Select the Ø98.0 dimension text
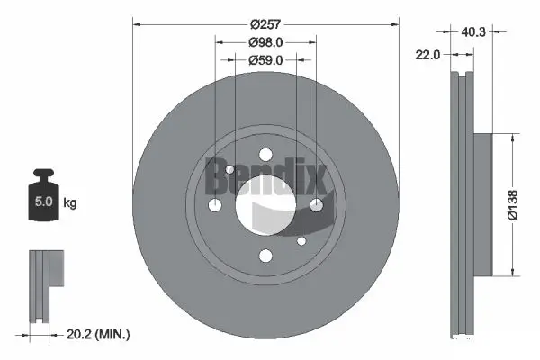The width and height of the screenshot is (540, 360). (265, 40)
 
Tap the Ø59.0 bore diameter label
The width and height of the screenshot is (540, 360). (265, 60)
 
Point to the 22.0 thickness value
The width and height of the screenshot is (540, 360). (427, 55)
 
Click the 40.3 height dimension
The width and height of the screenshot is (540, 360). (474, 32)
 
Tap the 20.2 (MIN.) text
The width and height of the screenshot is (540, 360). (100, 335)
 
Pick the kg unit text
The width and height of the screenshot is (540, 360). (70, 203)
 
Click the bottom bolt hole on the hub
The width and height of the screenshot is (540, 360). (265, 256)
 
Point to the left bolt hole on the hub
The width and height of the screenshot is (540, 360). (215, 206)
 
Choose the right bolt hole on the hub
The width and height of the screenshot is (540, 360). (316, 206)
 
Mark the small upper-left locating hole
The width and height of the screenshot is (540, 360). (230, 170)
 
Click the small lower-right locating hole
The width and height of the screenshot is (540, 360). (301, 240)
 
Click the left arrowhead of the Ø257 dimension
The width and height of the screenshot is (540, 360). (138, 24)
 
